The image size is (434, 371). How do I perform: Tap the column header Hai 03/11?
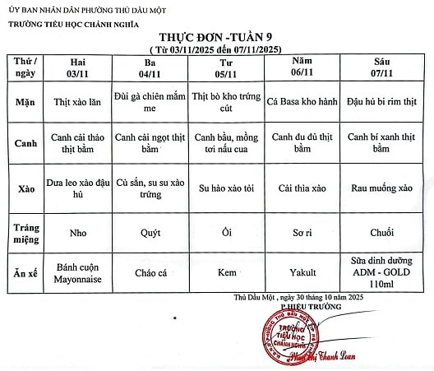(78, 67)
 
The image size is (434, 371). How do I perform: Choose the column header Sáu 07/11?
(381, 67)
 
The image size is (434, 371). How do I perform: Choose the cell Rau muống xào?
(381, 188)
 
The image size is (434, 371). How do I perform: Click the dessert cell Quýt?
(150, 232)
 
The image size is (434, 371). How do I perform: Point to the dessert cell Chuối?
(381, 232)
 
